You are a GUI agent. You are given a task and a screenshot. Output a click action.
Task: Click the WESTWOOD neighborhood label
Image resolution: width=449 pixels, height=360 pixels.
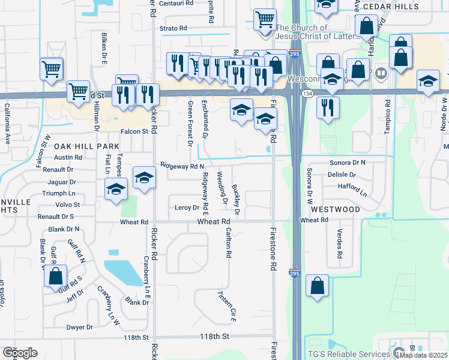coord(335,209)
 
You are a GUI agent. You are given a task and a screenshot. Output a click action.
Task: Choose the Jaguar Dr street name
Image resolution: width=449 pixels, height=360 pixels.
coord(60,181)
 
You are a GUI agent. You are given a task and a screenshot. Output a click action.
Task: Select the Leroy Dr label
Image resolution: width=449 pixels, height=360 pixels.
coord(186,208)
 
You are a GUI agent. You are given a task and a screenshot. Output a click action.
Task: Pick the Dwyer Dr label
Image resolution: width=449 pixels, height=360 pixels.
coord(79,327)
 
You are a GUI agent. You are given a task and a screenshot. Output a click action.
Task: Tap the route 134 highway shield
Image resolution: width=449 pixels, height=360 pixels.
coord(307,94)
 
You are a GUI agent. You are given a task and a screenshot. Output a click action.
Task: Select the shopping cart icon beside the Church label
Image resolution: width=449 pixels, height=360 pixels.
coord(264,20)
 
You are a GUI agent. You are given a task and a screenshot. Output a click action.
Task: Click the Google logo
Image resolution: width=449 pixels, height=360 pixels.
coord(20,352)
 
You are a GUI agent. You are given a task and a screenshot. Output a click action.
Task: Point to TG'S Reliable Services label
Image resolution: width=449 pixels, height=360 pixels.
coord(348,354)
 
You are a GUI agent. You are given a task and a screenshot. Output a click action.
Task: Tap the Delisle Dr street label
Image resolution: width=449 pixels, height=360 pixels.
coord(343,175)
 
